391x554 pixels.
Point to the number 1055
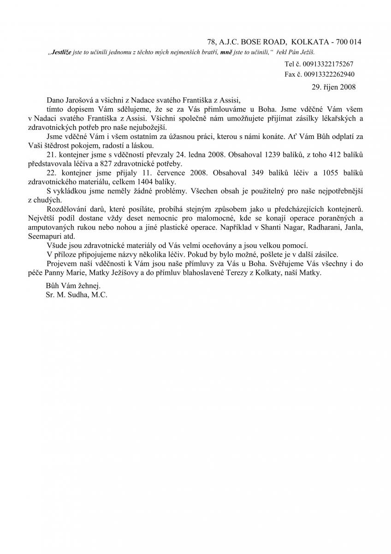point(324,173)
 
